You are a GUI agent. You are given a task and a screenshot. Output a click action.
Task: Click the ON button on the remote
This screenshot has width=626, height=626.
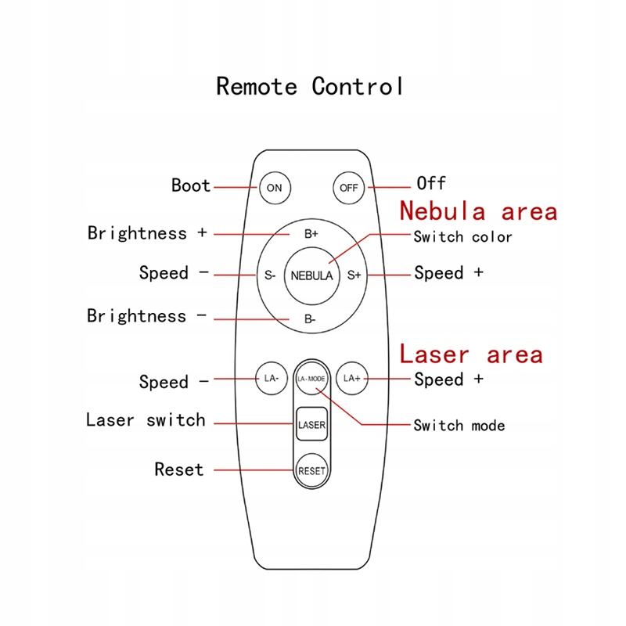pyautogui.click(x=274, y=188)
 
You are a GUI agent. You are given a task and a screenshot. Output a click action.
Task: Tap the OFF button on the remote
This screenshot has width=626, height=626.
pyautogui.click(x=349, y=188)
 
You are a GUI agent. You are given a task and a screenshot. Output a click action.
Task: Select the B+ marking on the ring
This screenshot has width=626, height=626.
pyautogui.click(x=311, y=234)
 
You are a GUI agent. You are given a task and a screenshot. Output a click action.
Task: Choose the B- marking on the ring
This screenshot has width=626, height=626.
pyautogui.click(x=310, y=319)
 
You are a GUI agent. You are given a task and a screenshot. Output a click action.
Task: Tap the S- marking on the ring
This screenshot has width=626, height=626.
pyautogui.click(x=269, y=275)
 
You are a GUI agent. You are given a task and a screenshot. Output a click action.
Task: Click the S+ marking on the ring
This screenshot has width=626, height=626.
pyautogui.click(x=354, y=275)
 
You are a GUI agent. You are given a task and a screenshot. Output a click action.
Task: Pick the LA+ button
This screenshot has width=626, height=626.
pyautogui.click(x=351, y=379)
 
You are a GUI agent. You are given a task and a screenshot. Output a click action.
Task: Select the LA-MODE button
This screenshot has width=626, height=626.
pyautogui.click(x=311, y=379)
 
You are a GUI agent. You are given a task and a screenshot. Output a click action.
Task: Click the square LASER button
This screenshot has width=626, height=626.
pyautogui.click(x=311, y=425)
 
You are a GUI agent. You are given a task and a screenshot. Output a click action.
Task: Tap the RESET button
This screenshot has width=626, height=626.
pyautogui.click(x=311, y=471)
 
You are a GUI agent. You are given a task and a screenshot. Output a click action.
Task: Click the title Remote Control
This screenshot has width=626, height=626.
pyautogui.click(x=310, y=86)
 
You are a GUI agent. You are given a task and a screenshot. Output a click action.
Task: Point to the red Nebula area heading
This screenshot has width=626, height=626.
pyautogui.click(x=479, y=211)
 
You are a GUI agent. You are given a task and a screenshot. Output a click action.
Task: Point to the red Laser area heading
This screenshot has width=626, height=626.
pyautogui.click(x=471, y=354)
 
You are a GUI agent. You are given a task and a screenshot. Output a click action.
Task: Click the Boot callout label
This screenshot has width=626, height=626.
pyautogui.click(x=191, y=186)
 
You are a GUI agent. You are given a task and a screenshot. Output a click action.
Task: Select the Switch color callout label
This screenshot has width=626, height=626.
pyautogui.click(x=462, y=236)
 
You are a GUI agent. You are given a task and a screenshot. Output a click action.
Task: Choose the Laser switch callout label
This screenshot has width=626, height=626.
pyautogui.click(x=146, y=420)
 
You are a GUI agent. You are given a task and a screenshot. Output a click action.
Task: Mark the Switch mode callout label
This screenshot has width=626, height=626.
pyautogui.click(x=459, y=426)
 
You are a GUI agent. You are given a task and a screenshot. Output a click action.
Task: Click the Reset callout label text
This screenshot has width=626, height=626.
pyautogui.click(x=179, y=469)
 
